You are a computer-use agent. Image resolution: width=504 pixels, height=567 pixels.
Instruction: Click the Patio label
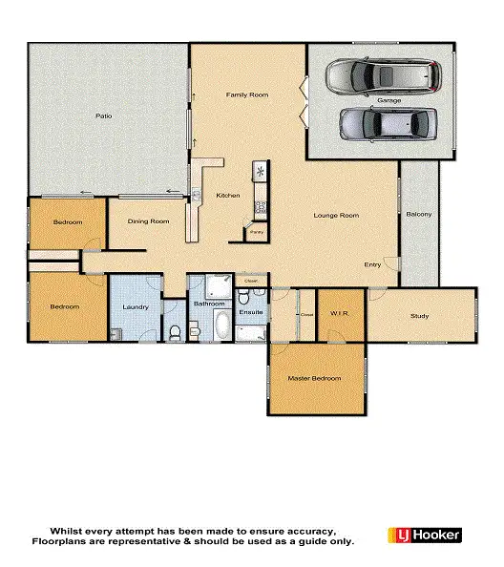click(104, 116)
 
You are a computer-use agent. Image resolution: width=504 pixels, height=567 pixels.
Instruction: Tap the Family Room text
click(247, 95)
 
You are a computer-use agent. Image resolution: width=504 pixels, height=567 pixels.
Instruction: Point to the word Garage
click(388, 99)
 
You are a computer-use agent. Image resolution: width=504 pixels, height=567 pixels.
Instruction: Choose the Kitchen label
click(228, 196)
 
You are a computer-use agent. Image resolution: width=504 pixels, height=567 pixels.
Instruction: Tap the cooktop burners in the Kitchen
click(259, 206)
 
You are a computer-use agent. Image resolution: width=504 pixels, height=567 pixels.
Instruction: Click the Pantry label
click(256, 231)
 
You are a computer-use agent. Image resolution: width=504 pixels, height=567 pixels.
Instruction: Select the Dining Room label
click(148, 221)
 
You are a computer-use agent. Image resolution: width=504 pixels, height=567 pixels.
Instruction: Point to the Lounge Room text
click(336, 216)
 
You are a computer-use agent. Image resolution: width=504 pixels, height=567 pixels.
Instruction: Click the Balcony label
click(419, 215)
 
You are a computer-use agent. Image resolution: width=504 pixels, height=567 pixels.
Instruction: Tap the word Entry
click(373, 264)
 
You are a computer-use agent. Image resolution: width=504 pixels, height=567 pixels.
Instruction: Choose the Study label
click(420, 316)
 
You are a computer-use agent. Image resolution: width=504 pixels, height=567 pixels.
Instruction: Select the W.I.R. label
click(342, 312)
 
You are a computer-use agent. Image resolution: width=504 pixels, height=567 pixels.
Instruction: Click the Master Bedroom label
click(314, 378)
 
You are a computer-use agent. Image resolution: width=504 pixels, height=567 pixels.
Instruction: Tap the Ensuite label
click(250, 312)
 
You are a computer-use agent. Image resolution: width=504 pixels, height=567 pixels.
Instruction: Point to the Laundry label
click(134, 306)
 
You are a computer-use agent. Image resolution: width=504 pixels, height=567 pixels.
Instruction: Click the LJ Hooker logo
click(425, 535)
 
